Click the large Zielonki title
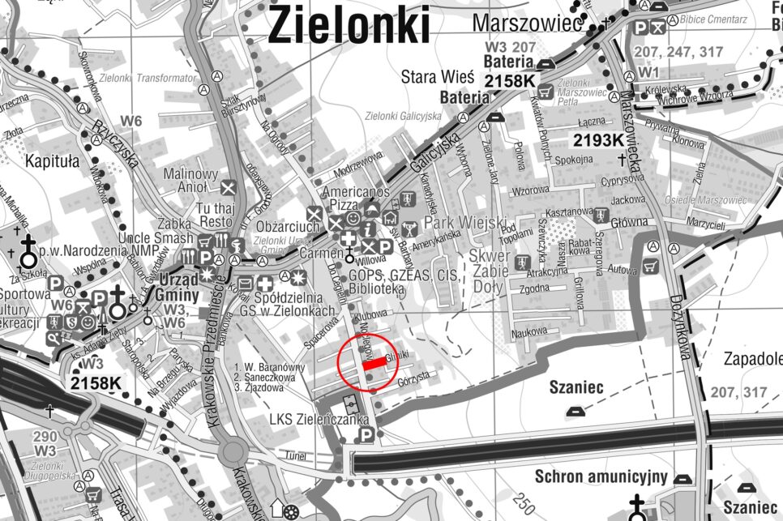click(x=349, y=25)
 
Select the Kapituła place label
click(x=52, y=161)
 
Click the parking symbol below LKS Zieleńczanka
click(x=366, y=437)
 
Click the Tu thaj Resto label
click(x=215, y=215)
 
